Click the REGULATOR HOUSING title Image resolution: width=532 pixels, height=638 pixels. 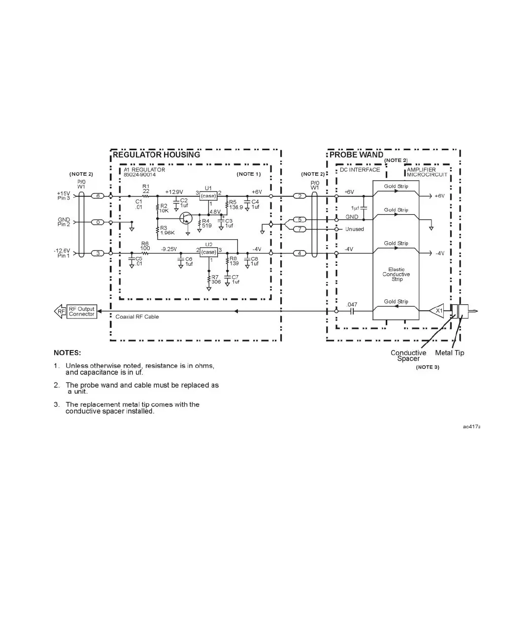pyautogui.click(x=156, y=155)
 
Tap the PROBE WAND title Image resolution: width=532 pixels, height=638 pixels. pyautogui.click(x=356, y=155)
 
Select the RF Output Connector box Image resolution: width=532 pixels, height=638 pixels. pyautogui.click(x=82, y=312)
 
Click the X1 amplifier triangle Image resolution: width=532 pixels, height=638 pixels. pyautogui.click(x=437, y=311)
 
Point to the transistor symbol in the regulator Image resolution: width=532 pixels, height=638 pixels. pyautogui.click(x=186, y=218)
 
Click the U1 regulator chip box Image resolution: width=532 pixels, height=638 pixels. pyautogui.click(x=208, y=195)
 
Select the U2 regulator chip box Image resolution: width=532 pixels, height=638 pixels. pyautogui.click(x=209, y=252)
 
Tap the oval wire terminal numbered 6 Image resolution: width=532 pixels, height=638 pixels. pyautogui.click(x=98, y=196)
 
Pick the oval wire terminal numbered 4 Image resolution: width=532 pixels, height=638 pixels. pyautogui.click(x=299, y=254)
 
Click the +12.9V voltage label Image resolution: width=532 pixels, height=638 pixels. pyautogui.click(x=174, y=192)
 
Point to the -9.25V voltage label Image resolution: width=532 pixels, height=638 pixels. pyautogui.click(x=168, y=249)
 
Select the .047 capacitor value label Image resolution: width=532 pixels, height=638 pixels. pyautogui.click(x=352, y=305)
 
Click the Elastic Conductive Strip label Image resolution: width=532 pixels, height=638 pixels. pyautogui.click(x=397, y=274)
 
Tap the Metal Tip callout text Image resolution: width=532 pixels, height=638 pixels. pyautogui.click(x=449, y=353)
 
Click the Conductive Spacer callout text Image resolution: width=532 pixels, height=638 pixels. pyautogui.click(x=408, y=355)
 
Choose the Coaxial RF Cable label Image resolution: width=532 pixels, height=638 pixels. pyautogui.click(x=137, y=317)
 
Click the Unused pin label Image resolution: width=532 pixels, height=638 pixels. pyautogui.click(x=355, y=229)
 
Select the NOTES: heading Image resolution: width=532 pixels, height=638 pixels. pyautogui.click(x=67, y=353)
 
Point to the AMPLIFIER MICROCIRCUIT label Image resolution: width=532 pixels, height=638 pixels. pyautogui.click(x=427, y=172)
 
